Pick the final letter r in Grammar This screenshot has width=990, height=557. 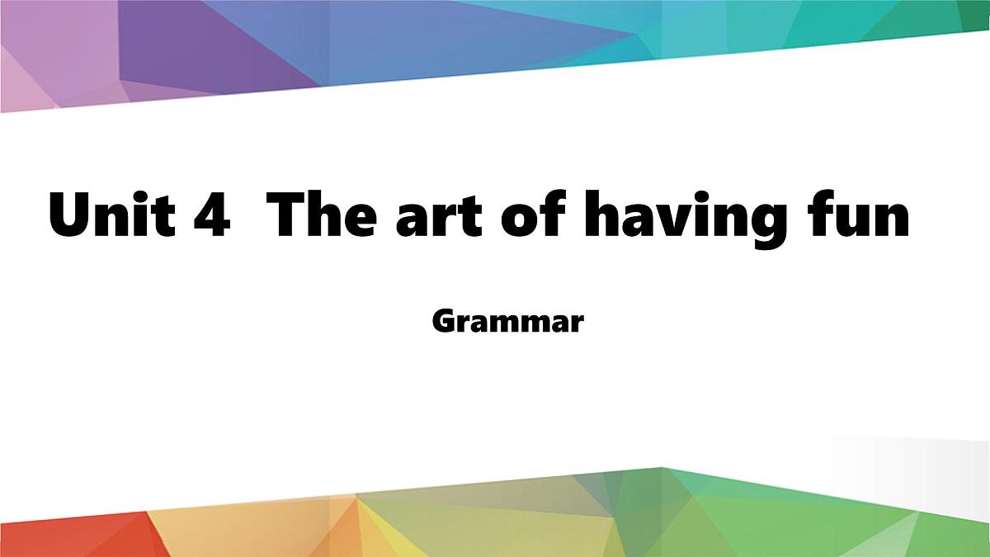[577, 323]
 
